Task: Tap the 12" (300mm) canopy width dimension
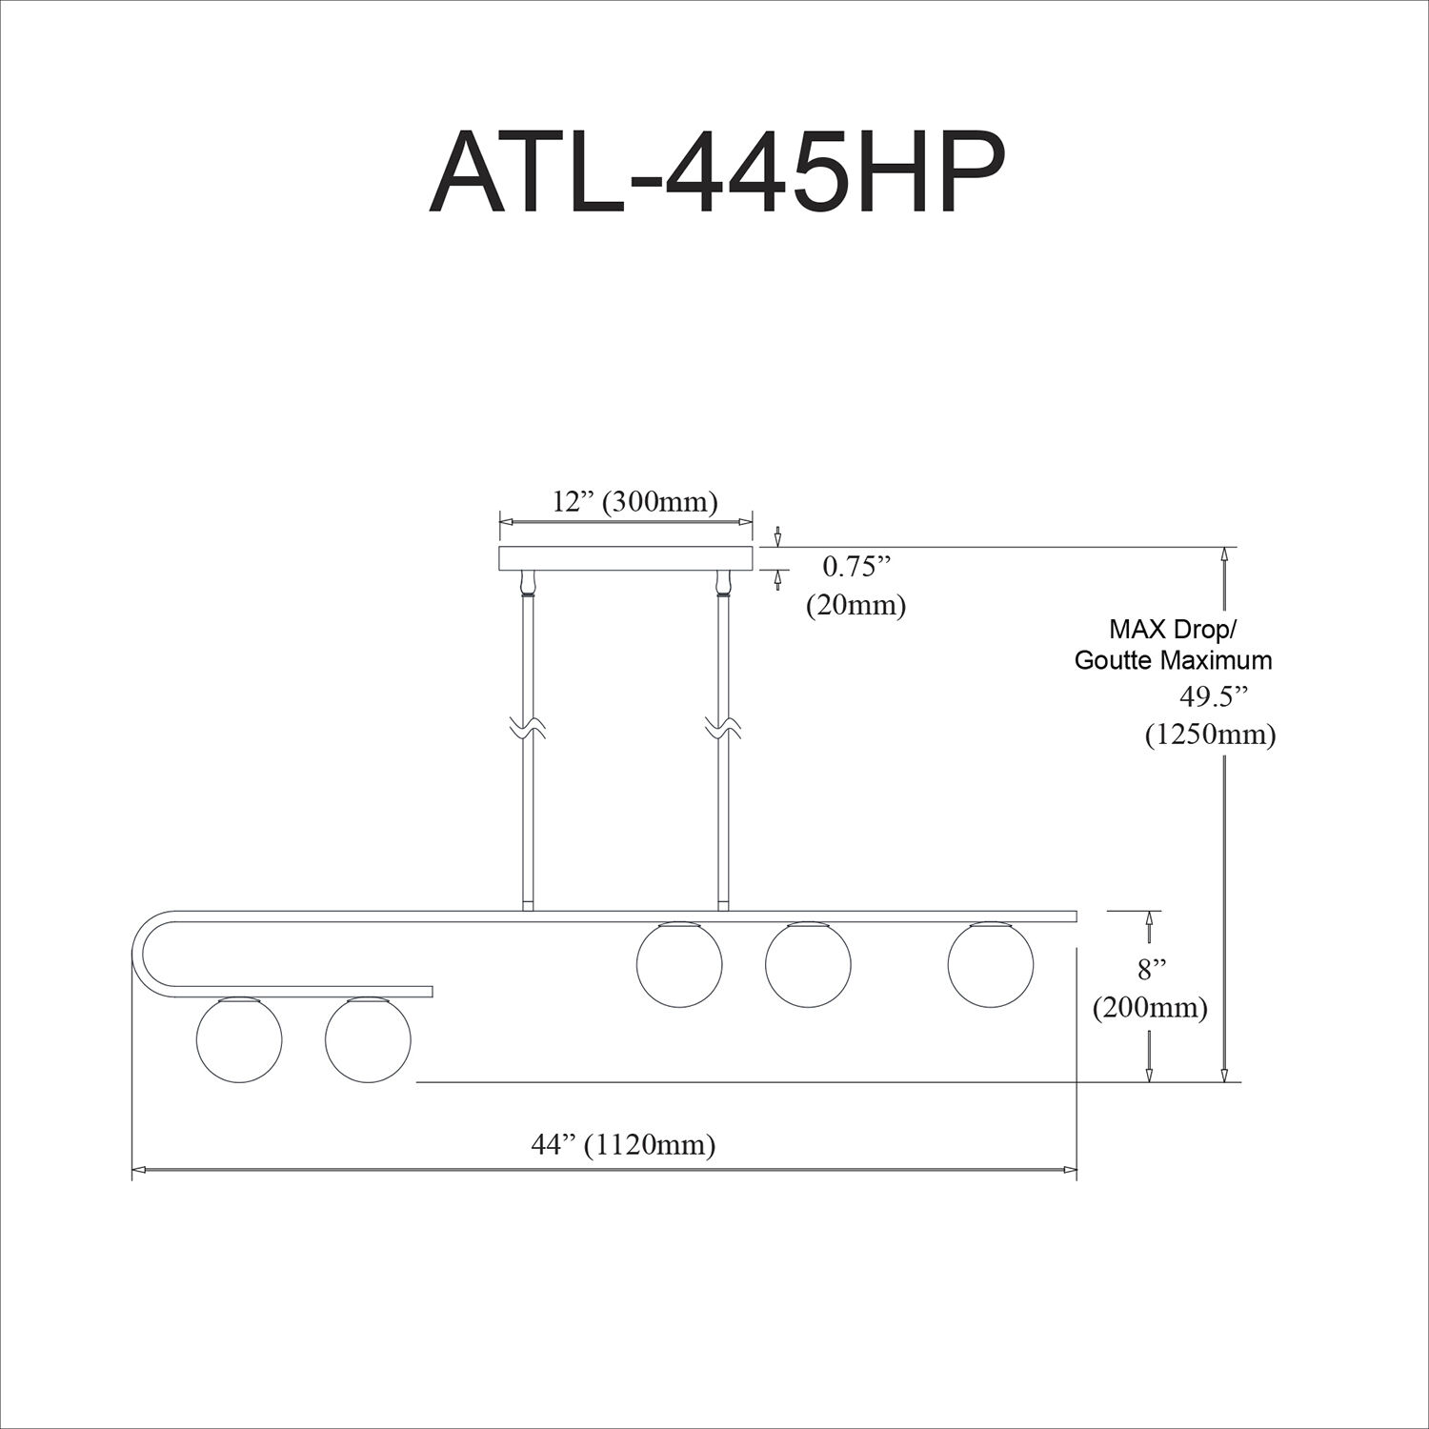coord(634,501)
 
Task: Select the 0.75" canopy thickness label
coord(855,567)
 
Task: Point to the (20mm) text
coord(855,605)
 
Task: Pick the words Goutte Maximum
coord(1173,659)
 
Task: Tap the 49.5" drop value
coord(1214,696)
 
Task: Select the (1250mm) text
coord(1210,735)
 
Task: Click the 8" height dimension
coord(1152,970)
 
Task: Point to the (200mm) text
coord(1150,1007)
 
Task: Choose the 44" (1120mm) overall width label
coord(623,1144)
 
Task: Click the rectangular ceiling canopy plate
coord(626,558)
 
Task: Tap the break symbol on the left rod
coord(526,730)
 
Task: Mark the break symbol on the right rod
coord(721,730)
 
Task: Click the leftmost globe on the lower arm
coord(238,1039)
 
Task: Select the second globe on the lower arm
coord(368,1039)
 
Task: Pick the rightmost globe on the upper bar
coord(991,964)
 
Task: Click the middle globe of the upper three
coord(808,964)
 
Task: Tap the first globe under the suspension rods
coord(679,964)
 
